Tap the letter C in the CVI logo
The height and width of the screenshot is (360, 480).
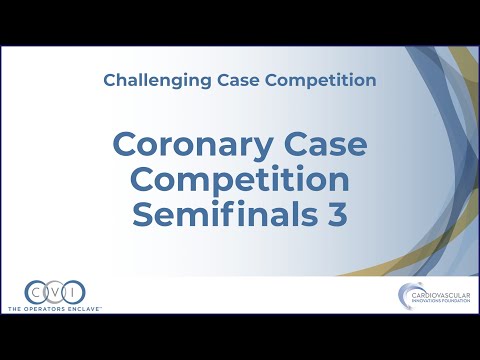[38, 292]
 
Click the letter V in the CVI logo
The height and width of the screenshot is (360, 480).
[56, 292]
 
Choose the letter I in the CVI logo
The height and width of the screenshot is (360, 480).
[74, 292]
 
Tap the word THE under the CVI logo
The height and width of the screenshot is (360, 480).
[17, 309]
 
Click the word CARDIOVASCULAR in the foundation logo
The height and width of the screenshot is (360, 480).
[435, 293]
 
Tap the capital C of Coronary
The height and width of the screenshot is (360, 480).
[125, 146]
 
